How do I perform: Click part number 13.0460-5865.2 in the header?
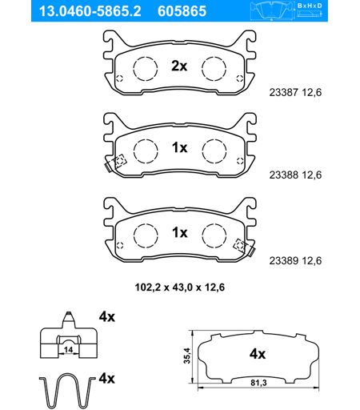click(90, 11)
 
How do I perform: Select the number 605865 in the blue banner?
click(182, 11)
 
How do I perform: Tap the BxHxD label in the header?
click(310, 6)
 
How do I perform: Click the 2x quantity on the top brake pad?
click(179, 66)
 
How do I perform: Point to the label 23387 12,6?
click(295, 93)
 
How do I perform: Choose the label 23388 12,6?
click(295, 175)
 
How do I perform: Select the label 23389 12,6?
click(295, 261)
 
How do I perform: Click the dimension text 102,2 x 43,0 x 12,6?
click(180, 287)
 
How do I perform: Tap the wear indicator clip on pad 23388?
click(115, 163)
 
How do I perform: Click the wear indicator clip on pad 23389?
click(244, 247)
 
